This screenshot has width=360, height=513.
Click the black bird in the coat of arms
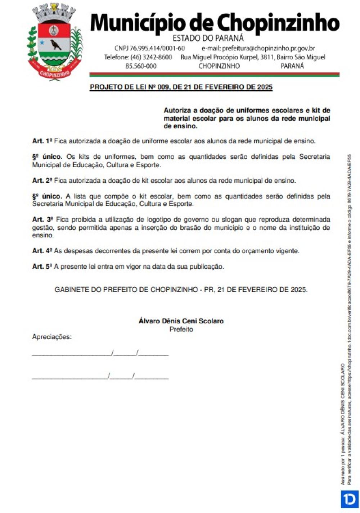coord(55,44)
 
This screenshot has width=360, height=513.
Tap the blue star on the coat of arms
coord(42,42)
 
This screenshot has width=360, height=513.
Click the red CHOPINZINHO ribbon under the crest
coord(55,73)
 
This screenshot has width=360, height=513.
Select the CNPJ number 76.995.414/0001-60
coord(149,48)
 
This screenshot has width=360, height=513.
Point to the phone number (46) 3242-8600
coord(138,57)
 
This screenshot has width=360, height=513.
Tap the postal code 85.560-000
coord(141,66)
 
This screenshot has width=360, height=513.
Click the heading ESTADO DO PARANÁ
coord(208,38)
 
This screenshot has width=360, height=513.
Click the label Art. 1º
coord(42,141)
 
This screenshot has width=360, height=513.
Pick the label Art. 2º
coord(42,181)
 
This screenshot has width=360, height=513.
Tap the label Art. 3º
coord(42,219)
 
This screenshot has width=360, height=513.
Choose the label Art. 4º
coord(42,251)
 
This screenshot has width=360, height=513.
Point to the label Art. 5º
coord(42,267)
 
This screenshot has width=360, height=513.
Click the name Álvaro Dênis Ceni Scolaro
coord(181,321)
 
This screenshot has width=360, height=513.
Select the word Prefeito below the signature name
coord(181,329)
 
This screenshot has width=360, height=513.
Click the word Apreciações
coord(52,337)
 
